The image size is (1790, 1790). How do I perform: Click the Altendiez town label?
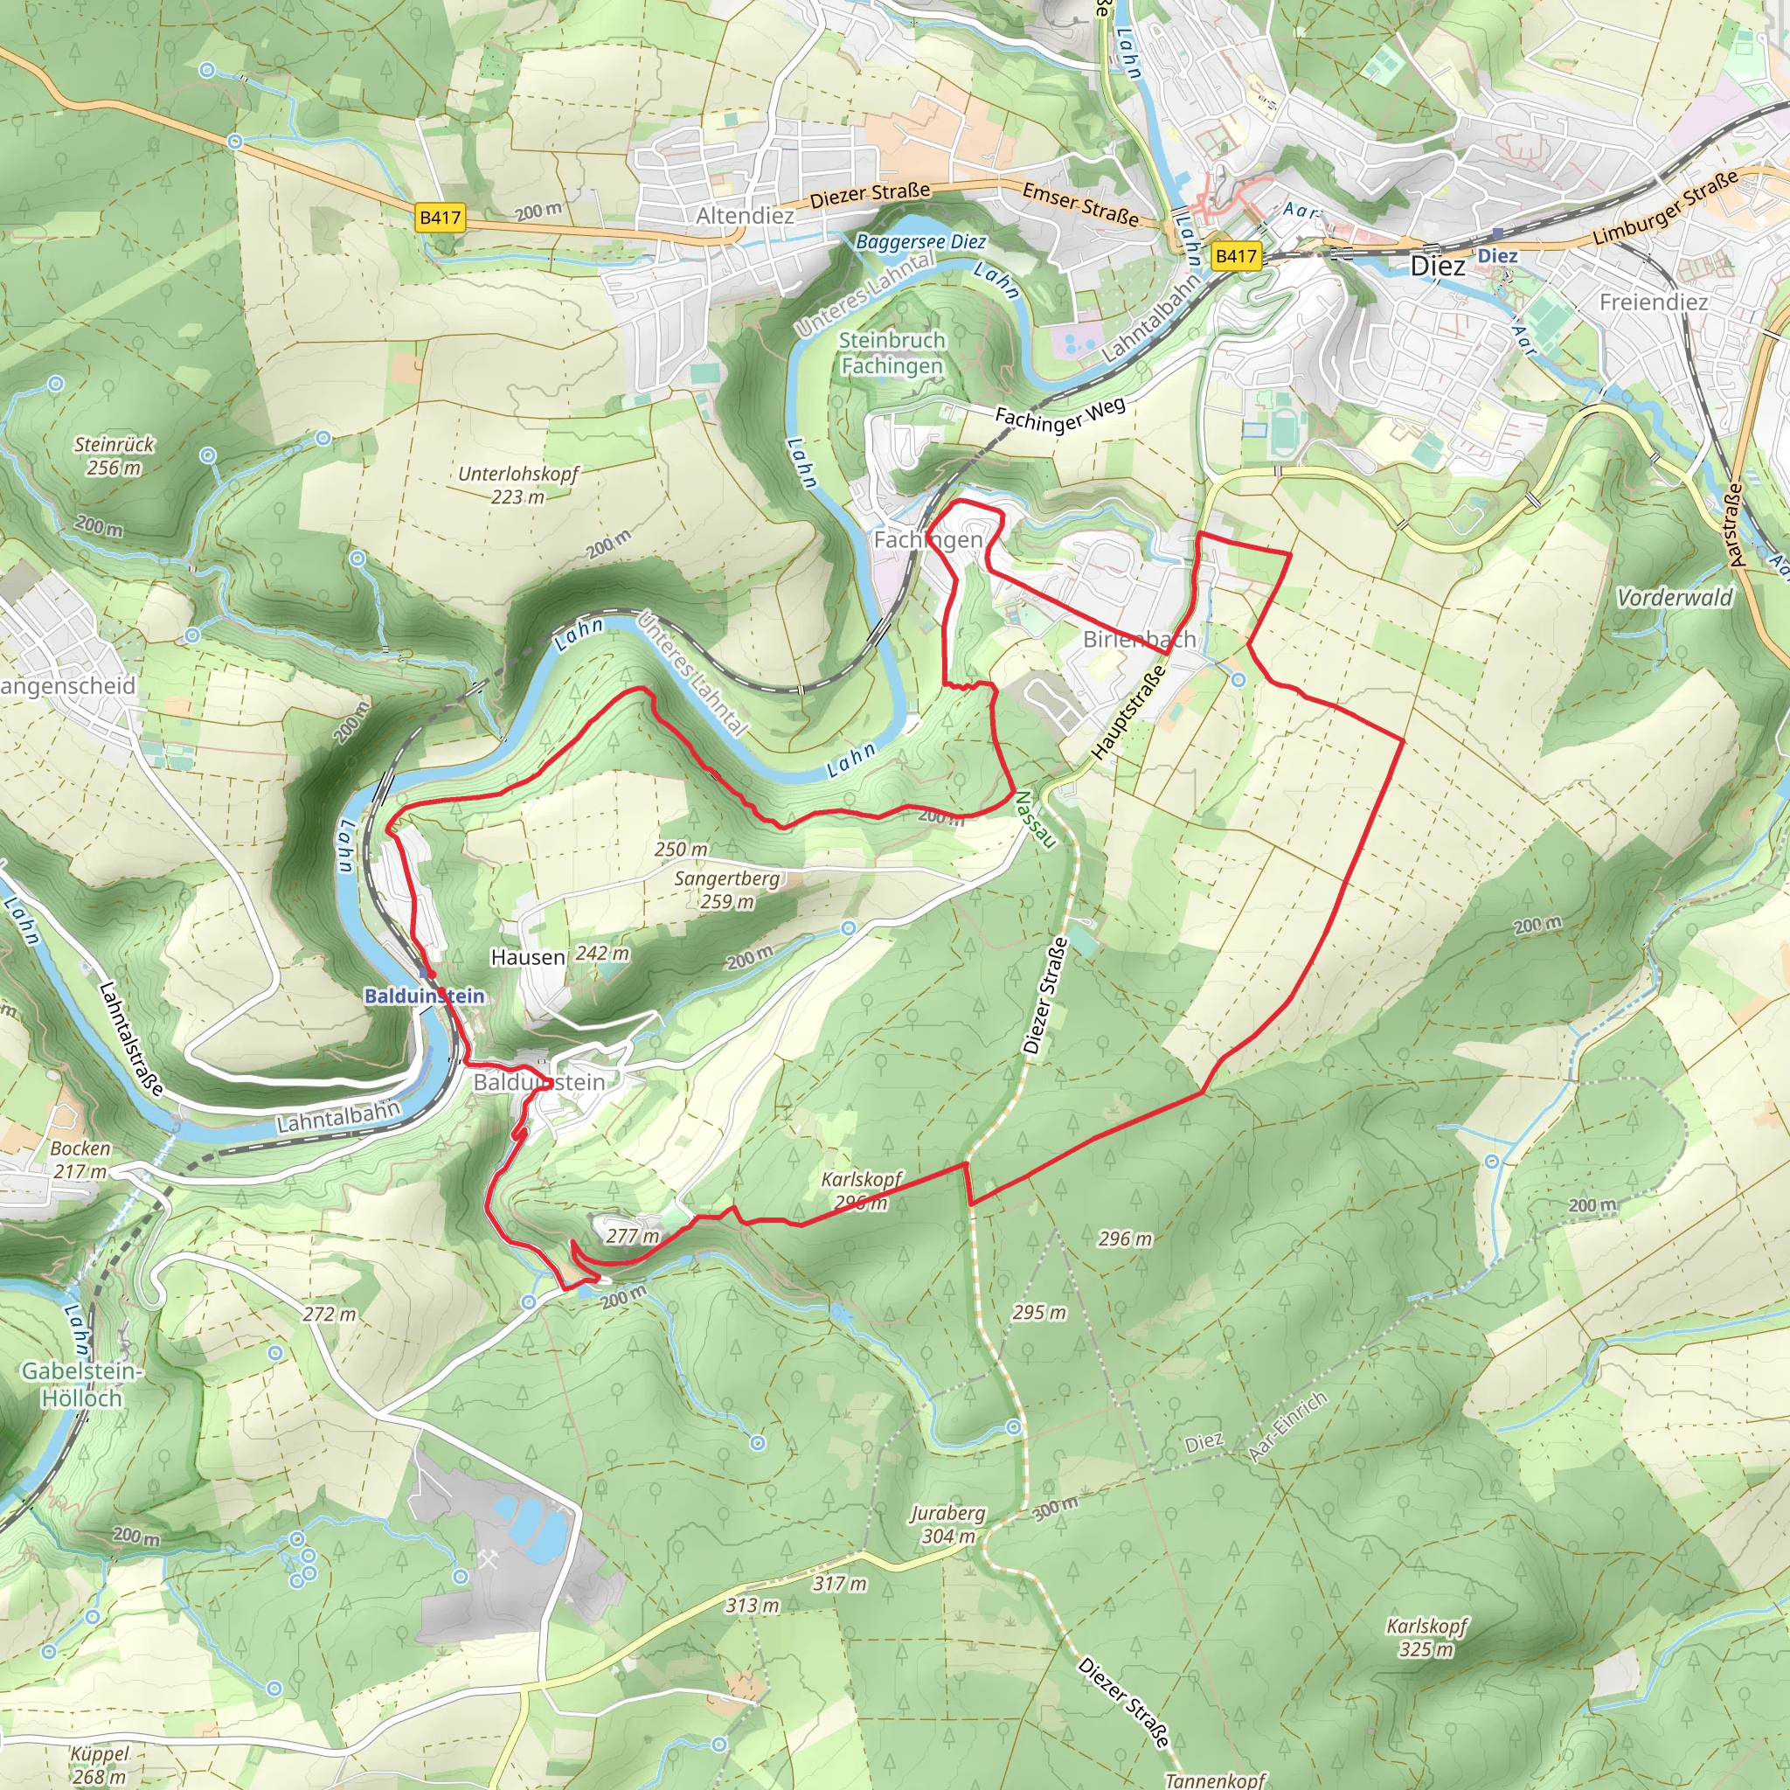[745, 216]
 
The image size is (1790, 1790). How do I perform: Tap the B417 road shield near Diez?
[1236, 256]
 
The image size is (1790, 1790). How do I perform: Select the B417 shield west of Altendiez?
[441, 218]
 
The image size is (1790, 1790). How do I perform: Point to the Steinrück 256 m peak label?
[114, 456]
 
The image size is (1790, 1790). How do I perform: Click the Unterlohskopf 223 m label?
[518, 484]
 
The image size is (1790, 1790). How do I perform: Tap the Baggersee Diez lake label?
[921, 242]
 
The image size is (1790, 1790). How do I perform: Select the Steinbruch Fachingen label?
[892, 353]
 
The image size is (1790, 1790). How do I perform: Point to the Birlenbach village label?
[1139, 639]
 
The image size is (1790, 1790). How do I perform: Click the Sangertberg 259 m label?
[727, 890]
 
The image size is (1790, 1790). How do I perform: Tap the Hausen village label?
[528, 957]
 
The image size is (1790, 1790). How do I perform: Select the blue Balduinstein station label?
[424, 996]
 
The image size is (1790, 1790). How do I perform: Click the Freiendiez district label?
[1654, 302]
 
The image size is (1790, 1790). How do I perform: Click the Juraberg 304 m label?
[947, 1525]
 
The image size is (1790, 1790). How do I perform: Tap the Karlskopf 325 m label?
[1426, 1637]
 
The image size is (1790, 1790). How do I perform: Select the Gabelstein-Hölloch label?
[81, 1384]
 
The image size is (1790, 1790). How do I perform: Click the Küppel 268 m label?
[99, 1765]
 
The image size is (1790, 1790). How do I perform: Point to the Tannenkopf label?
[1215, 1780]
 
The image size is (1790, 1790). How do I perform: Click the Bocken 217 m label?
[80, 1159]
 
